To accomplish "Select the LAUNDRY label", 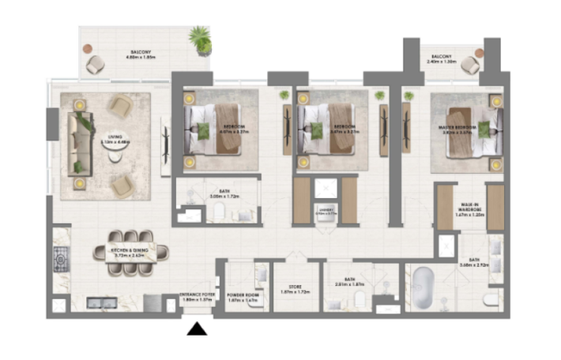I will pos(325,210).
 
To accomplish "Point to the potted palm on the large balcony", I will pos(201,39).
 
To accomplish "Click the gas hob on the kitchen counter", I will pos(60,257).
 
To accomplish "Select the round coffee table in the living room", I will pos(115,156).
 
